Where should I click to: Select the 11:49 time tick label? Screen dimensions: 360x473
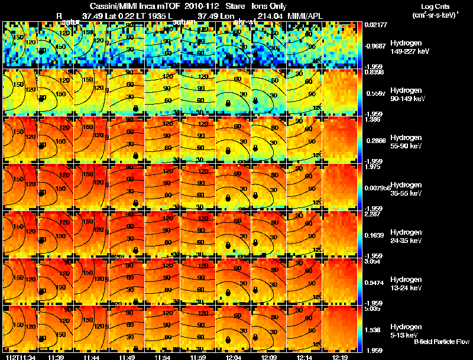pyautogui.click(x=127, y=357)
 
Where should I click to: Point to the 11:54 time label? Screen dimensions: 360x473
pyautogui.click(x=163, y=357)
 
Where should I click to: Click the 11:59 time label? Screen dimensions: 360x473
pyautogui.click(x=198, y=357)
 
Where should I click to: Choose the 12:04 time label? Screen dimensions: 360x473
pyautogui.click(x=234, y=357)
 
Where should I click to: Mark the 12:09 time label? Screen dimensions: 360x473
pyautogui.click(x=270, y=357)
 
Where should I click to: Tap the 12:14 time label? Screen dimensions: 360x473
pyautogui.click(x=305, y=357)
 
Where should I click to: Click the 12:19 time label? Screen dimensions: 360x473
pyautogui.click(x=341, y=357)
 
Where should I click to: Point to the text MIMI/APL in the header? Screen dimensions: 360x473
pyautogui.click(x=306, y=16)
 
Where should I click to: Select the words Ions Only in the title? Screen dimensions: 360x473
pyautogui.click(x=269, y=6)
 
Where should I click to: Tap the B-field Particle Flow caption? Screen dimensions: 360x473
pyautogui.click(x=441, y=342)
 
